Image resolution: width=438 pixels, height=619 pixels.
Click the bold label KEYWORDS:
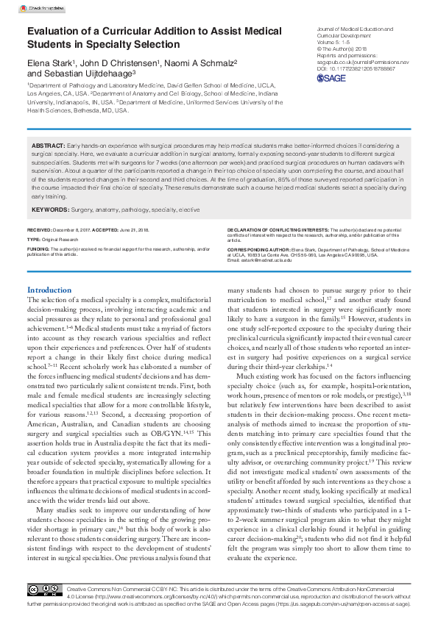point(51,210)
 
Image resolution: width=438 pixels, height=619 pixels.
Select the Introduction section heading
point(49,290)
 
